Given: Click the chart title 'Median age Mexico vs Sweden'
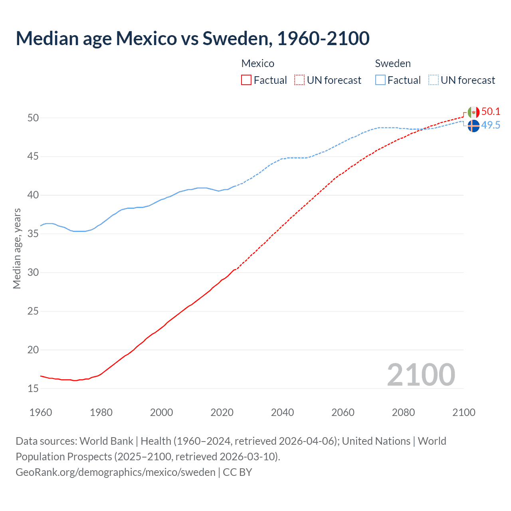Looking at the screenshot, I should [192, 38].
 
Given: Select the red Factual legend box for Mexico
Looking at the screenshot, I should [246, 80].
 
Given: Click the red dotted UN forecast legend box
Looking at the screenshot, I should [299, 80].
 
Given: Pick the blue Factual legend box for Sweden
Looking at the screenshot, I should [380, 80].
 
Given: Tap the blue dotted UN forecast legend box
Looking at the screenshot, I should [434, 80].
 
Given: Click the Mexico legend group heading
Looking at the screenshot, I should [258, 63].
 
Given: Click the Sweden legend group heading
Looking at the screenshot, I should [393, 63].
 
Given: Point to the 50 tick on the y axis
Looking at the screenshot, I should [33, 118].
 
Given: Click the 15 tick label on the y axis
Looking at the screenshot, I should [33, 388].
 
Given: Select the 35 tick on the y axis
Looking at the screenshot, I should [33, 234].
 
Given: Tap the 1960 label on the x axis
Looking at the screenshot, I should [41, 412].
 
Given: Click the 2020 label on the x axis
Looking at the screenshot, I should [222, 412].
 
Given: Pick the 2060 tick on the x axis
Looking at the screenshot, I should [343, 412].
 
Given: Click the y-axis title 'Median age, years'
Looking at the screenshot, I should [17, 248].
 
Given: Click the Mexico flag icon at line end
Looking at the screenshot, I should [473, 112].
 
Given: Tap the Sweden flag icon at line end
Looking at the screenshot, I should [473, 126].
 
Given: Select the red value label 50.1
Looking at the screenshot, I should [491, 111].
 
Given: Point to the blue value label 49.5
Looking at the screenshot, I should [491, 125].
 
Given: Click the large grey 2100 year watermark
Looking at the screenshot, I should [421, 374].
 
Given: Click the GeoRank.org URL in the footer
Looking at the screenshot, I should [115, 472].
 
